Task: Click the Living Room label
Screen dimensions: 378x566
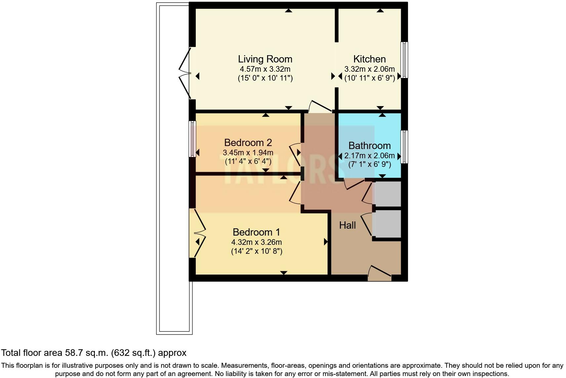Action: (x=265, y=59)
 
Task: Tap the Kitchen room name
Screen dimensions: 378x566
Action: (x=369, y=59)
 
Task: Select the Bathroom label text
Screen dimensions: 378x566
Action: (x=369, y=146)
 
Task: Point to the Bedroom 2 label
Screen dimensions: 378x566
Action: (x=248, y=143)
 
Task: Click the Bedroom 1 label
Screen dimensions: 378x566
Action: (x=256, y=232)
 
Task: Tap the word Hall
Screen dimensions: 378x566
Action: (x=347, y=225)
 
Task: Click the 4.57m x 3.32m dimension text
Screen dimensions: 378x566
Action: (x=265, y=69)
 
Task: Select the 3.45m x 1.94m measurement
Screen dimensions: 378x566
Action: (x=248, y=153)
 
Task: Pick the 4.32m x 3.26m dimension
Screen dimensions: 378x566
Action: (x=257, y=242)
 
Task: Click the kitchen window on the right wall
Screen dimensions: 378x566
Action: (x=404, y=60)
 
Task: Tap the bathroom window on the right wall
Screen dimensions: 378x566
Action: (x=404, y=147)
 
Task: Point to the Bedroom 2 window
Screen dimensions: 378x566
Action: (x=192, y=139)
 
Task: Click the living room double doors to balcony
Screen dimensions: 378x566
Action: (x=185, y=73)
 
